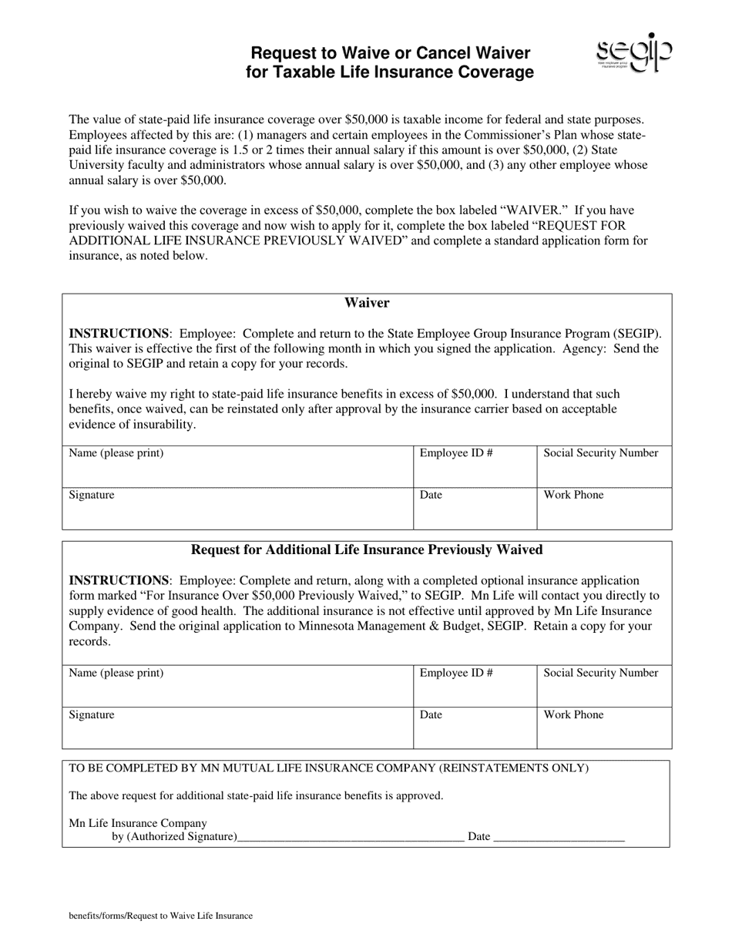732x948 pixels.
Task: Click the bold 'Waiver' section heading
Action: (x=367, y=303)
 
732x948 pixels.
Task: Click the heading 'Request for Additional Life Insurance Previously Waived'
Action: (x=367, y=550)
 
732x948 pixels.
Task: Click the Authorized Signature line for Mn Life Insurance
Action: (x=351, y=835)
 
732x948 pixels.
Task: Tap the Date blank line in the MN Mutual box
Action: (x=558, y=835)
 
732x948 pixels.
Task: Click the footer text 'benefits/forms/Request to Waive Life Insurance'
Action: (x=160, y=916)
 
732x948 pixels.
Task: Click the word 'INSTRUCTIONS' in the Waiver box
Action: (x=119, y=334)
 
